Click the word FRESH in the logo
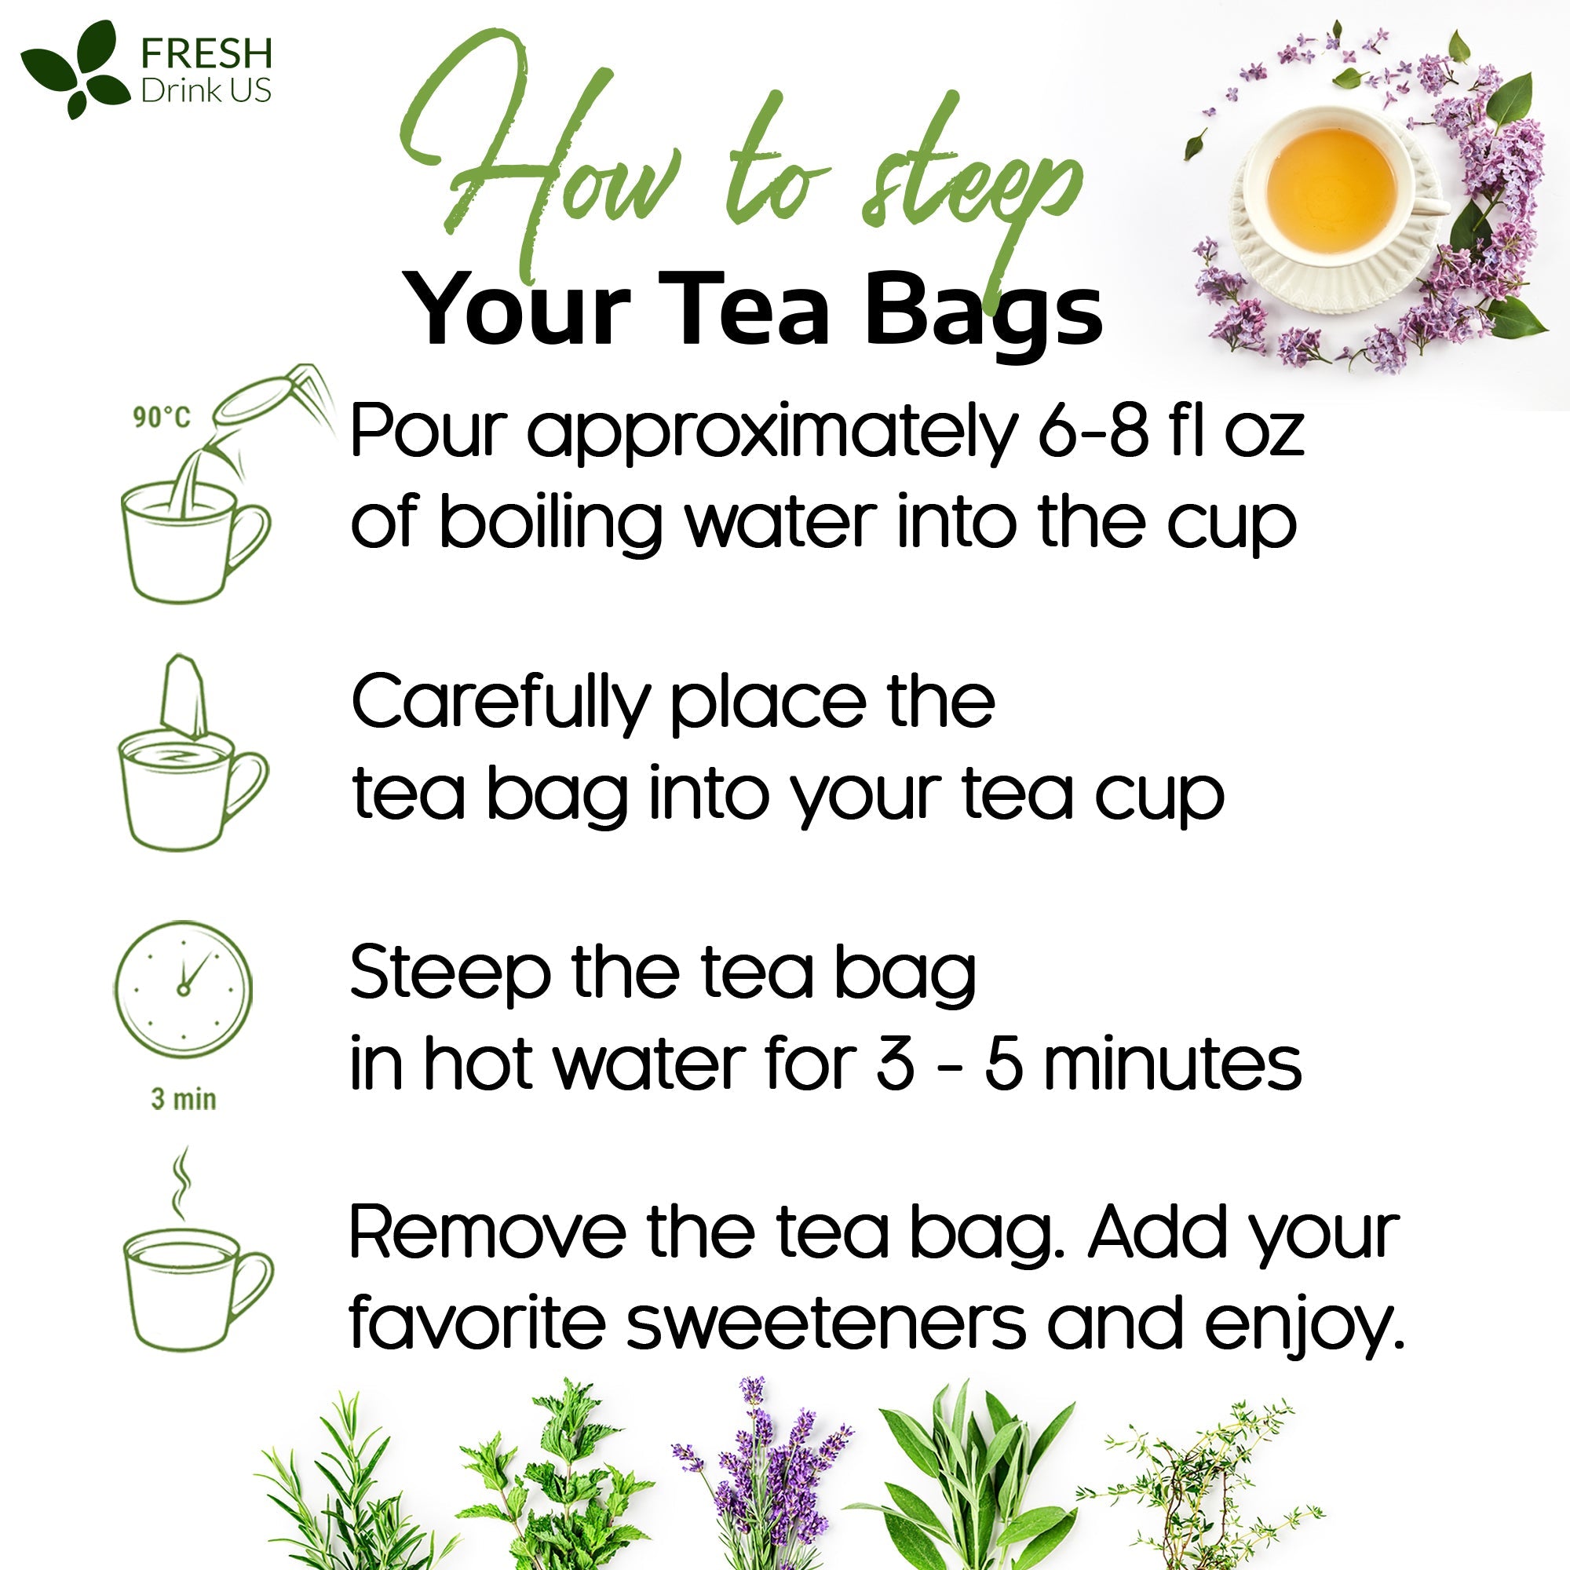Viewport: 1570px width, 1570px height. [x=206, y=53]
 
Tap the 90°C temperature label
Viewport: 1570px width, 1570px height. [x=161, y=418]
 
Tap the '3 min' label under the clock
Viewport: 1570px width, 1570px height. [x=184, y=1100]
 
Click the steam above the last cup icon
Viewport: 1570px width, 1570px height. [x=181, y=1182]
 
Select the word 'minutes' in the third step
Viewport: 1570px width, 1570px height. [x=1173, y=1064]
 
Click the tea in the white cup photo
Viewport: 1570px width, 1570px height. [x=1331, y=187]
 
